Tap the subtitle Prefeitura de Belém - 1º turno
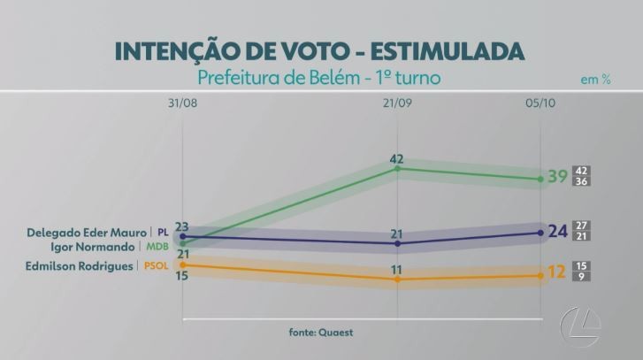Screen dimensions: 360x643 (x=321, y=78)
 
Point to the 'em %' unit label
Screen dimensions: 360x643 (x=595, y=80)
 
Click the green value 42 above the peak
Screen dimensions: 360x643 (x=396, y=159)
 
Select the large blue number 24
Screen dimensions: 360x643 (x=557, y=232)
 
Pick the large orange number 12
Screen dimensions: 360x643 (x=556, y=272)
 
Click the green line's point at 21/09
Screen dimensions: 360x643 (x=397, y=168)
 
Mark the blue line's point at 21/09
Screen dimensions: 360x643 (x=397, y=243)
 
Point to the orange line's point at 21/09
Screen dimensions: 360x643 (x=397, y=280)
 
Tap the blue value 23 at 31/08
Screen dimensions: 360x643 (x=181, y=226)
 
